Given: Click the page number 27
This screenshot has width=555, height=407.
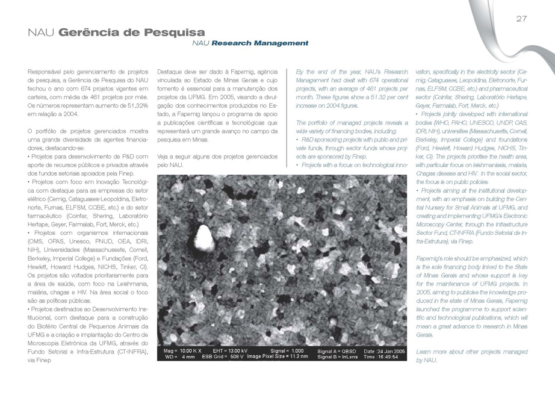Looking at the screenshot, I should coord(521,19).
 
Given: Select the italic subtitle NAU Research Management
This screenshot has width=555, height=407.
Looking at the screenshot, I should coord(250,43).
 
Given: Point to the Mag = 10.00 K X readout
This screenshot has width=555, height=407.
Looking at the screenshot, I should coord(178,350).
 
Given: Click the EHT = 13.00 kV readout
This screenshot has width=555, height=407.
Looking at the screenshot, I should coord(227,350).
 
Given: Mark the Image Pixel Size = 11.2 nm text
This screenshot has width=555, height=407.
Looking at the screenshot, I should coord(277,357).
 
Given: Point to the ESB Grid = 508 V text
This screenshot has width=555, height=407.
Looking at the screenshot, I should coord(222,357).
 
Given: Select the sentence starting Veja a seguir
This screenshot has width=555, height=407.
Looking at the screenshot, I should coord(217,160).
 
